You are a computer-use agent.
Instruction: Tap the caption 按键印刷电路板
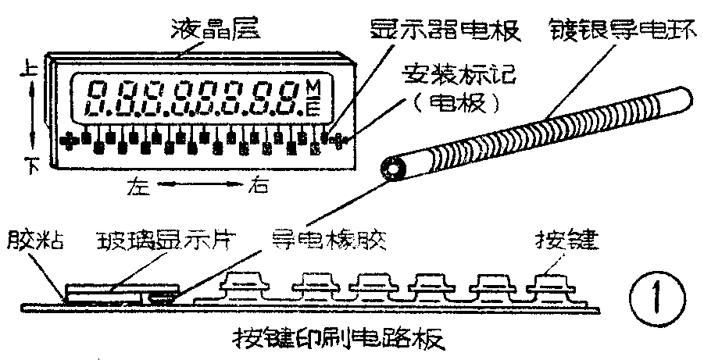tap(338, 340)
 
